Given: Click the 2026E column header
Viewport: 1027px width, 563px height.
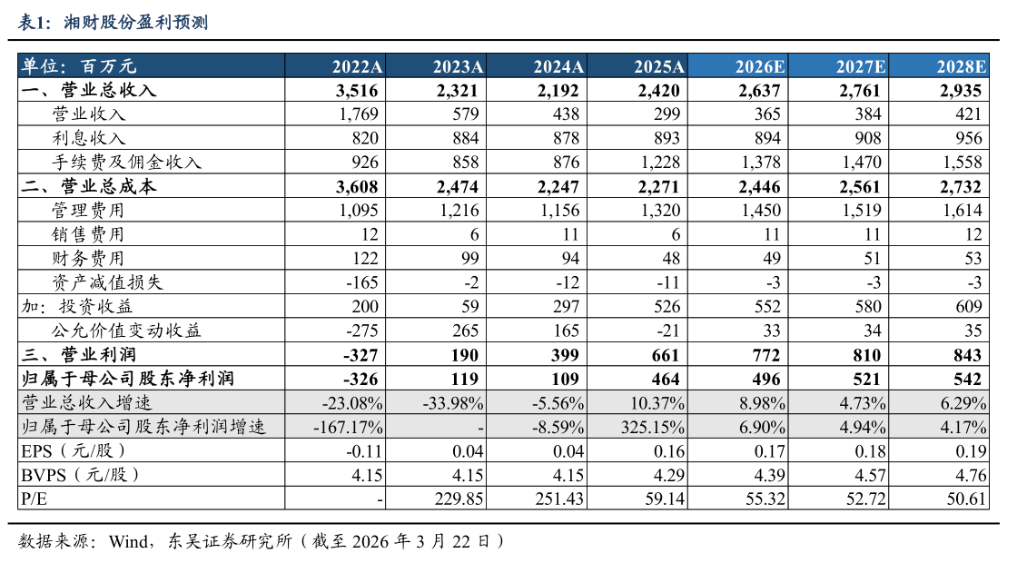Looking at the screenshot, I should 761,66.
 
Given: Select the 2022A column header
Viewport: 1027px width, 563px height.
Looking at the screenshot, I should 357,66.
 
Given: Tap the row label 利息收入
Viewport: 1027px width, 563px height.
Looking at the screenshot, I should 89,138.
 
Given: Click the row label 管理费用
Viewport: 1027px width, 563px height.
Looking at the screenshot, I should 89,211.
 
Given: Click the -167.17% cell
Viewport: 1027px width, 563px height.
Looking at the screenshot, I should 349,427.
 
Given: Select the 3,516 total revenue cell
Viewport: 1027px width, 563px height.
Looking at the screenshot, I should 357,90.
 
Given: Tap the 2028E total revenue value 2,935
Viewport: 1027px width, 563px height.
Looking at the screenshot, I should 961,90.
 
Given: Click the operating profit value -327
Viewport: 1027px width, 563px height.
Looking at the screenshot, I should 361,354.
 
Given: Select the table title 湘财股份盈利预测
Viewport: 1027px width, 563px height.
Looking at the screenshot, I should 136,23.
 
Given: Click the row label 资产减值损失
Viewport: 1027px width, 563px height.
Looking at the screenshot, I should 107,282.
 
